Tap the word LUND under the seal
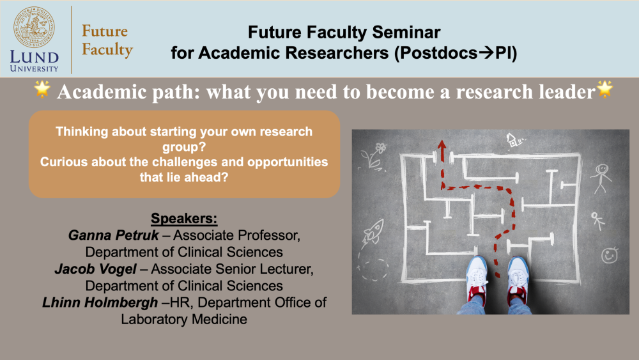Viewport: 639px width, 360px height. pos(35,58)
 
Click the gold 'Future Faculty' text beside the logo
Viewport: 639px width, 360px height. pos(107,40)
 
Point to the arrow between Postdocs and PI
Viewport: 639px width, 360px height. pos(486,53)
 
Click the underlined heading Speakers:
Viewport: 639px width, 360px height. pos(184,219)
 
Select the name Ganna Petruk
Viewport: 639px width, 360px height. pos(113,235)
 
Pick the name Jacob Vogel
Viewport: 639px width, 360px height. pos(95,269)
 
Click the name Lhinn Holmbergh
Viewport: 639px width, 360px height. pos(100,302)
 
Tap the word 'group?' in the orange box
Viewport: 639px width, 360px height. pos(184,147)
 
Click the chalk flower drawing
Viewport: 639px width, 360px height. pos(374,156)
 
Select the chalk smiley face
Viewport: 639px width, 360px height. pos(610,255)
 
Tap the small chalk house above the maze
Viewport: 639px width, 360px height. pos(514,140)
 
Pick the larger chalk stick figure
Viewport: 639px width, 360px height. pos(601,178)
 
